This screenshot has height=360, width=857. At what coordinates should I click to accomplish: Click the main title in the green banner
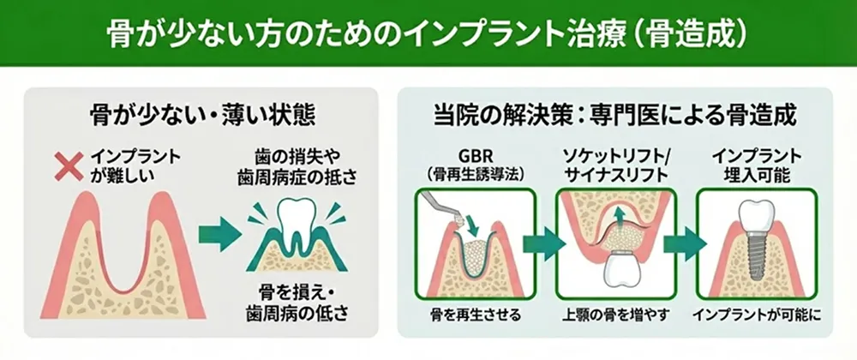428,33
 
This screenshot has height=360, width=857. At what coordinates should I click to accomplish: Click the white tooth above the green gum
298,219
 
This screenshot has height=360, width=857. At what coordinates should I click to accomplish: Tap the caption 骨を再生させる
475,315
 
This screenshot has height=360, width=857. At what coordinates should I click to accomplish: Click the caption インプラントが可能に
757,315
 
